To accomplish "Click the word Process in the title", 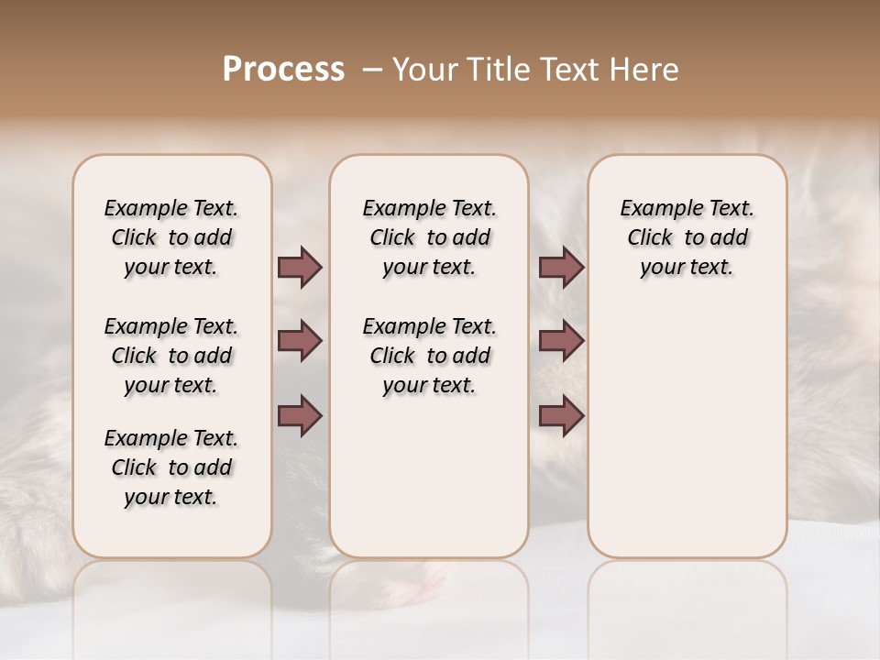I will pyautogui.click(x=283, y=70).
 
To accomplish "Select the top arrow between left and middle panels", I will pyautogui.click(x=300, y=268).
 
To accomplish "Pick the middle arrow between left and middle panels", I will pyautogui.click(x=300, y=341).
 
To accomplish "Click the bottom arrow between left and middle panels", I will pyautogui.click(x=300, y=415).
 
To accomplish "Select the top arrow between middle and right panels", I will pyautogui.click(x=561, y=268).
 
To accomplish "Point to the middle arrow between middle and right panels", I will pyautogui.click(x=561, y=341).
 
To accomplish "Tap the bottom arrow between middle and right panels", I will pyautogui.click(x=561, y=415).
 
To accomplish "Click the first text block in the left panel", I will pyautogui.click(x=171, y=237).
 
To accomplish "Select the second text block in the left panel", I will pyautogui.click(x=171, y=356).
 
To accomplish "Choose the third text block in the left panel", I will pyautogui.click(x=171, y=467).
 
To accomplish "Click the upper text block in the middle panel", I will pyautogui.click(x=429, y=237).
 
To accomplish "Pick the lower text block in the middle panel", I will pyautogui.click(x=429, y=356).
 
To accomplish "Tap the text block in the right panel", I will pyautogui.click(x=687, y=237).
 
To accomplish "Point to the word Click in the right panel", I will pyautogui.click(x=650, y=238).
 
